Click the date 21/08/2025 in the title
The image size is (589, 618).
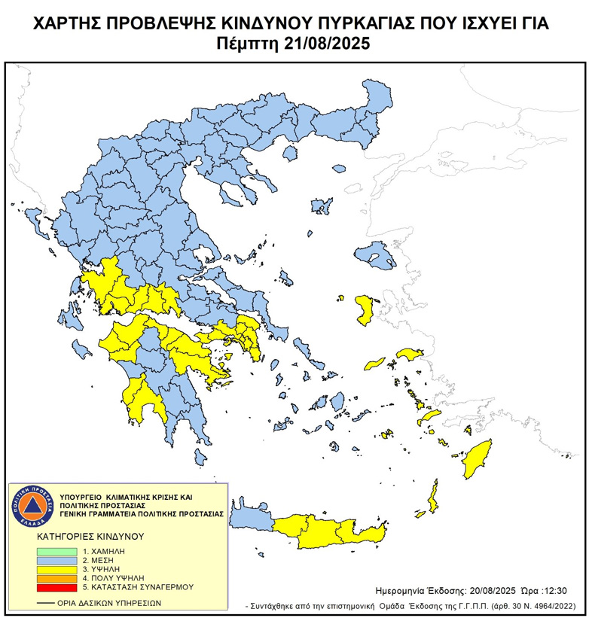(x=328, y=44)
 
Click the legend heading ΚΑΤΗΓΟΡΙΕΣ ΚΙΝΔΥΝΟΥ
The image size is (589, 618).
(x=90, y=537)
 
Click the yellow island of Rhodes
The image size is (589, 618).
(x=476, y=461)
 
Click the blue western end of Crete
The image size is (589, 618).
(x=249, y=519)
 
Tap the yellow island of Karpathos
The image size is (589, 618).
(x=432, y=498)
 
